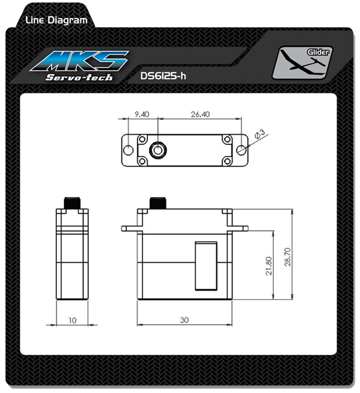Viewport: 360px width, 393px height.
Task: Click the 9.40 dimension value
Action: (142, 114)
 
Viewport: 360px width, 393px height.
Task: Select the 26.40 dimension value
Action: (201, 114)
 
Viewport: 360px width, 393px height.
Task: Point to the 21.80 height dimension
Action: (269, 266)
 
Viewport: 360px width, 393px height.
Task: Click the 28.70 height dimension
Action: (288, 256)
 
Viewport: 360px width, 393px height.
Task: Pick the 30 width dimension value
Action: (184, 320)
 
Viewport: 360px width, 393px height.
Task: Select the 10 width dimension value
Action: (72, 320)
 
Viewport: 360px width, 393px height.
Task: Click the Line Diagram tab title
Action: (57, 20)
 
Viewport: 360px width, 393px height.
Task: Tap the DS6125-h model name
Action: (163, 76)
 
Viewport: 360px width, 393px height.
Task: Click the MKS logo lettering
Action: (80, 61)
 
